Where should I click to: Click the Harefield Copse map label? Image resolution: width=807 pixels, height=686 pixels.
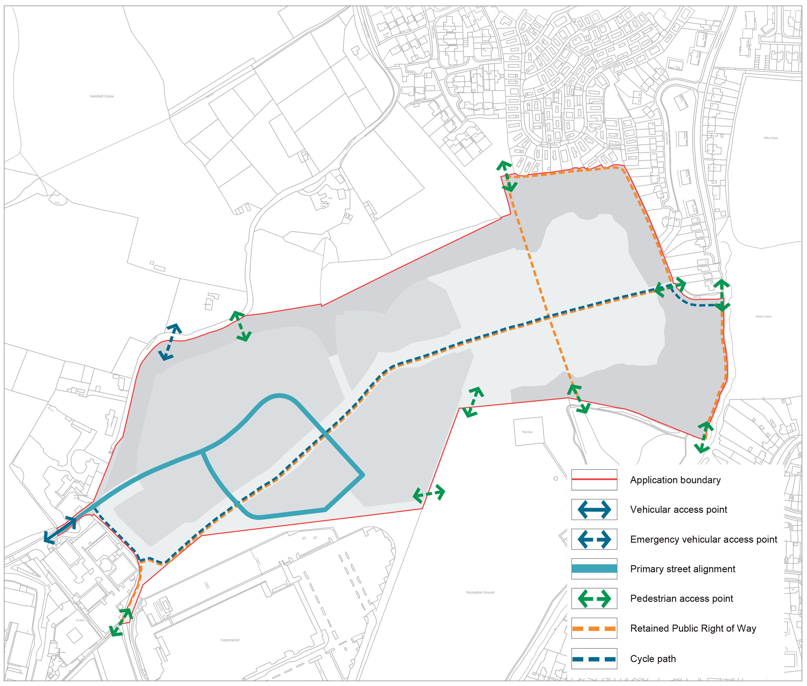pos(102,96)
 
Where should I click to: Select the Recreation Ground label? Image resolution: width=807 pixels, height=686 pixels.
pos(481,593)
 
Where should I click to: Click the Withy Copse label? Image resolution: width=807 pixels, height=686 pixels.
pos(771,138)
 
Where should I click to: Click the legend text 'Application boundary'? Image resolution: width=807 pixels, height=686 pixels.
pos(675,480)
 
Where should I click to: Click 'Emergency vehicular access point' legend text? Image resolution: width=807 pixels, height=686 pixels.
pos(704,540)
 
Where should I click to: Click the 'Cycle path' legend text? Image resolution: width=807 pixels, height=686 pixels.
pos(653,659)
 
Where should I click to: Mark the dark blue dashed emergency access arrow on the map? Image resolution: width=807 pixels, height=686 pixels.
pos(170,342)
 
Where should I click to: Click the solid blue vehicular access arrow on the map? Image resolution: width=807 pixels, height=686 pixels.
pos(60,530)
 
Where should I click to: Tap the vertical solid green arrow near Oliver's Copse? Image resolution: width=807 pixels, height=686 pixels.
pos(721,295)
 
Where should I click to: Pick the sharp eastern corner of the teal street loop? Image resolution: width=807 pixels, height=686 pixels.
pos(363,475)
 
